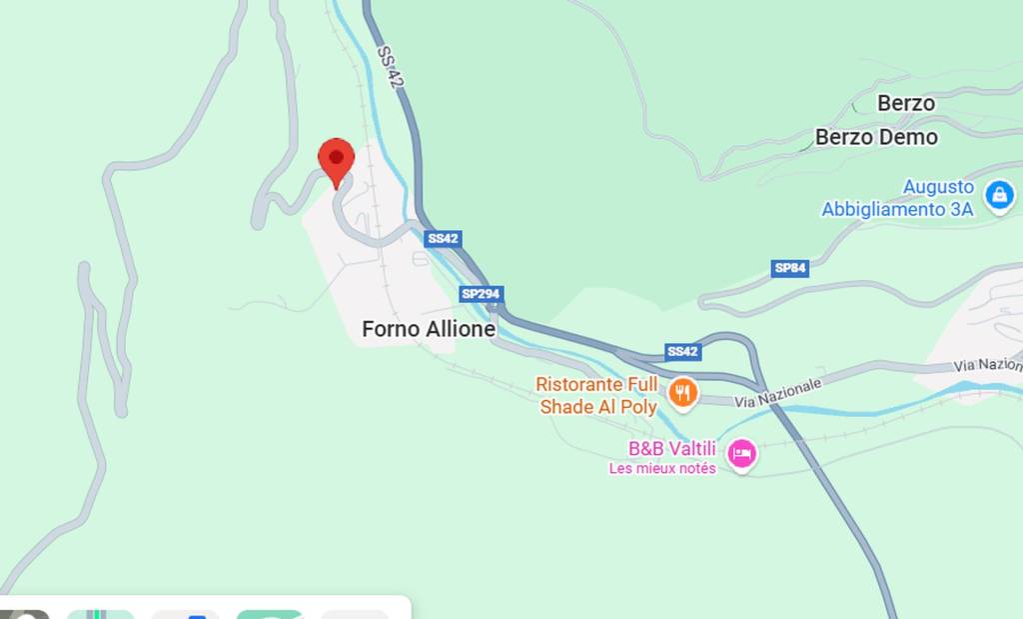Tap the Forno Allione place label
[x=429, y=329]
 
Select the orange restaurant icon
[x=683, y=392]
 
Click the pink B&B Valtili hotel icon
[x=741, y=455]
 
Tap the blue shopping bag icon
[x=999, y=196]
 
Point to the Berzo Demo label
[x=876, y=137]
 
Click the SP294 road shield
[x=482, y=294]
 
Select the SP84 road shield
[x=789, y=268]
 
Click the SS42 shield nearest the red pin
[x=443, y=239]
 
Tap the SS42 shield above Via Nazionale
[x=683, y=351]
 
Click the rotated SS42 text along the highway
[x=390, y=67]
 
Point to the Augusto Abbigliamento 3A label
[x=897, y=198]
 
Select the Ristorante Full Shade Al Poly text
[x=597, y=395]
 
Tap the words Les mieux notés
[x=662, y=468]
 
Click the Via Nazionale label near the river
[x=778, y=392]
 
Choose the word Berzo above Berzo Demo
[x=906, y=103]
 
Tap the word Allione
[x=461, y=329]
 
